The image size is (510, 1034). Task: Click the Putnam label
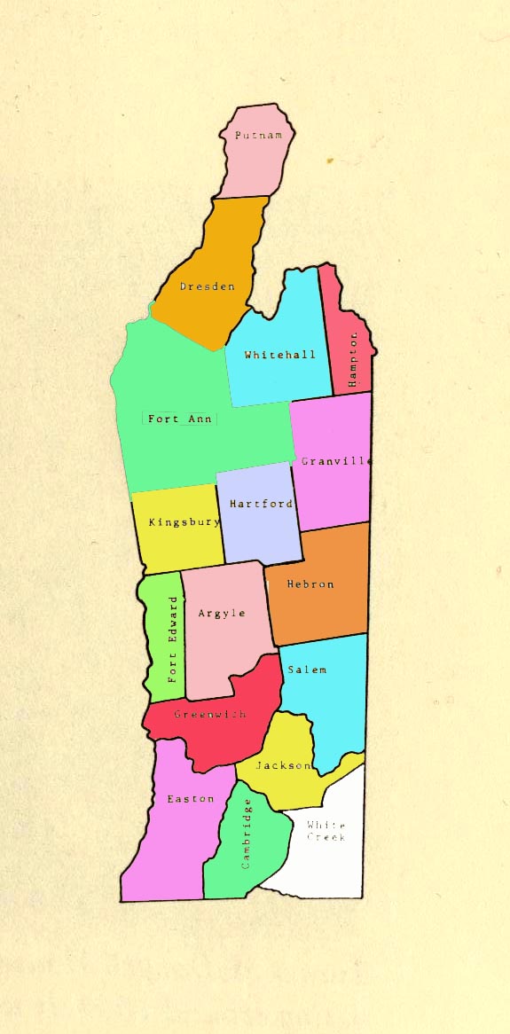[x=258, y=136]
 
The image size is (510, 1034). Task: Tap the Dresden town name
[x=208, y=286]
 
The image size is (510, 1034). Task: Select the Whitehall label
[x=279, y=355]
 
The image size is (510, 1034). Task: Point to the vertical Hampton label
[x=353, y=359]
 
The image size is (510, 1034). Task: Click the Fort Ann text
[x=180, y=419]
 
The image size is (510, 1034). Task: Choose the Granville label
[x=335, y=461]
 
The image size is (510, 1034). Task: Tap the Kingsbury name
[x=184, y=521]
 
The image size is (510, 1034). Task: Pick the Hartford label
[x=261, y=504]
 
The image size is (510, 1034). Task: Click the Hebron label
[x=310, y=584]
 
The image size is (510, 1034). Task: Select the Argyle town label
[x=222, y=613]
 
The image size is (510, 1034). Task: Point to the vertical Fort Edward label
[x=174, y=639]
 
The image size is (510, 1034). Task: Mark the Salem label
[x=307, y=670]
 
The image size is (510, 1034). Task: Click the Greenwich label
[x=210, y=714]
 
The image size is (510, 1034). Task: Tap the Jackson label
[x=283, y=765]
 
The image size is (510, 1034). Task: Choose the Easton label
[x=191, y=799]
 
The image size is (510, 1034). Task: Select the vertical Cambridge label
[x=247, y=834]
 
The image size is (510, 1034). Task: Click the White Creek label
[x=326, y=831]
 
